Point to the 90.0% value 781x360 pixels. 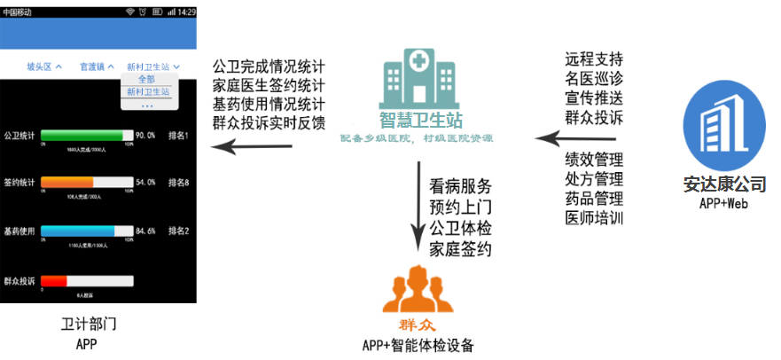pos(145,136)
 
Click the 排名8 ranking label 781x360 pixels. pos(179,183)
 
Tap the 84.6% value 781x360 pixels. pos(145,231)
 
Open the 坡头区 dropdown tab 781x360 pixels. pos(44,67)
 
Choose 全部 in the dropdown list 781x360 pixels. pos(147,80)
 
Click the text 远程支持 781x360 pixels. pos(594,60)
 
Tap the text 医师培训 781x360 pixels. pos(594,217)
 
